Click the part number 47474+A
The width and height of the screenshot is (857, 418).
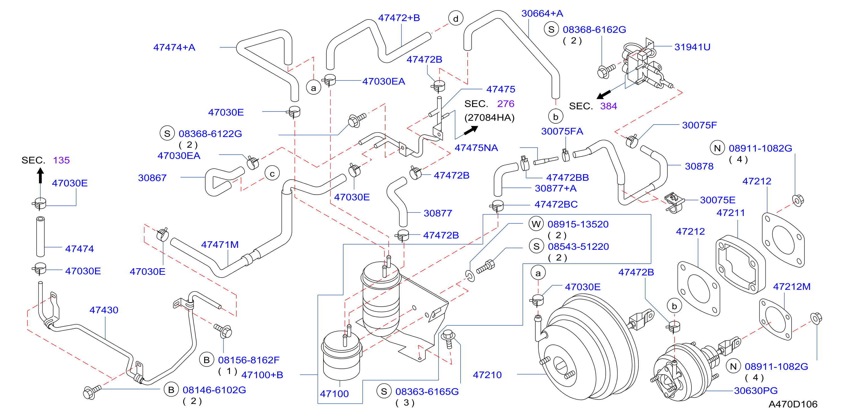174,47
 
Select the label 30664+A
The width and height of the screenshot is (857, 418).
542,13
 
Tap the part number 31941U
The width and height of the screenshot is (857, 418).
692,47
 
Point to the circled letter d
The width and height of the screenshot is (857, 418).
455,19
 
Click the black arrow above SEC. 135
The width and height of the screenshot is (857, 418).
41,175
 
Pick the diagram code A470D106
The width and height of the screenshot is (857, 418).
793,404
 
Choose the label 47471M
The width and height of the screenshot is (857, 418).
220,244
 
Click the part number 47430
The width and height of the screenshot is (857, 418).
104,310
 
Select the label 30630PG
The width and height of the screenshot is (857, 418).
755,390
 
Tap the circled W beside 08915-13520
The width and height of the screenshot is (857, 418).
536,224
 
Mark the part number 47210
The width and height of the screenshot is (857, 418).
487,375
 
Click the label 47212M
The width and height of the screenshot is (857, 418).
792,286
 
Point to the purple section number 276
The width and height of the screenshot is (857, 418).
506,104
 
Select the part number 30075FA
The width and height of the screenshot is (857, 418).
562,131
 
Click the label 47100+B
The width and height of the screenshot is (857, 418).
262,375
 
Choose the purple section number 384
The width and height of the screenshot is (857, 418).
609,106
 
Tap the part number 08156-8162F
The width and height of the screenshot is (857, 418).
248,360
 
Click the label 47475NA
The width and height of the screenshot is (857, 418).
476,148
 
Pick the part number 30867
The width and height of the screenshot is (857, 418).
152,178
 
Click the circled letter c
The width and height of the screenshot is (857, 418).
272,174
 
